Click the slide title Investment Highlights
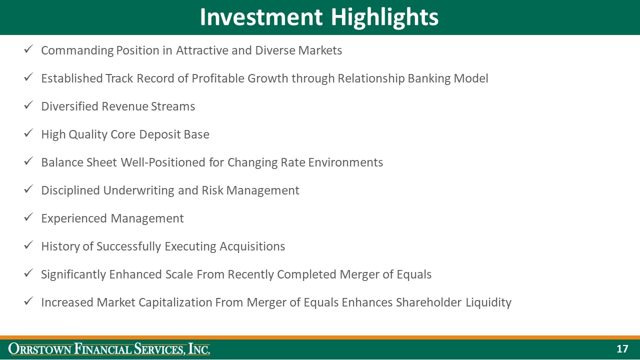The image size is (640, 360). pos(319,17)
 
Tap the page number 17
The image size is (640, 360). pos(622,349)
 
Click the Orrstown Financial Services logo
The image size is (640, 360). pos(109,349)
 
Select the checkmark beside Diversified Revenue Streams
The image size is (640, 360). pos(29,105)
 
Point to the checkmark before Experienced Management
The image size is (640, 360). pos(29,217)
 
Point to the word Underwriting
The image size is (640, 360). pos(138,190)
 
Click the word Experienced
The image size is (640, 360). pos(74,218)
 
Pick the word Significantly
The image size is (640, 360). pos(75,274)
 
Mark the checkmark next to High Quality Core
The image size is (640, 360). pos(29,133)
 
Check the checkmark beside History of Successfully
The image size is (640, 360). pos(29,245)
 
